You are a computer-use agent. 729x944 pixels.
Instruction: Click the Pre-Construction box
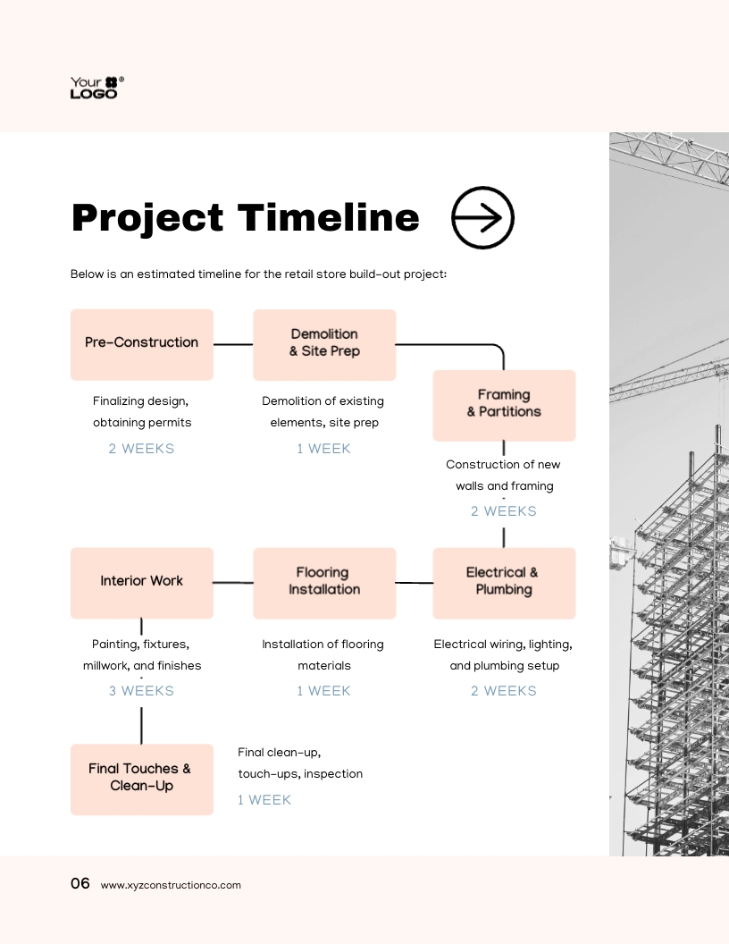tap(142, 344)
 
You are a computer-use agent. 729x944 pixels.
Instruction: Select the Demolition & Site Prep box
tap(324, 344)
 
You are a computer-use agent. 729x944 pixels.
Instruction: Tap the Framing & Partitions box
tap(504, 404)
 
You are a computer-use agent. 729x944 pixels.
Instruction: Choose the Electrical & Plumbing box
tap(504, 583)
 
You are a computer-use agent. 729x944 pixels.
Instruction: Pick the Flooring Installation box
tap(324, 583)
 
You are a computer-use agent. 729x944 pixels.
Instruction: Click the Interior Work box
tap(142, 583)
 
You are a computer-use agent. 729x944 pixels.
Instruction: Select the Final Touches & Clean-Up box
tap(142, 779)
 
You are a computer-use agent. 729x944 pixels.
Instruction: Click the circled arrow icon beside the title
tap(482, 217)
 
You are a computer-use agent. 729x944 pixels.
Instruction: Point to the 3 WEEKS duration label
tap(141, 691)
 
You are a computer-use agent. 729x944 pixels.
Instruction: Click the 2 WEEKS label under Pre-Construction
tap(141, 449)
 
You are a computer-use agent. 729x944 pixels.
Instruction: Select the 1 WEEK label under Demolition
tap(323, 449)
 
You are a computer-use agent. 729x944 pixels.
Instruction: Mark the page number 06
tap(80, 884)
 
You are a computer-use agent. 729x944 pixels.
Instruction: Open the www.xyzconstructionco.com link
tap(171, 885)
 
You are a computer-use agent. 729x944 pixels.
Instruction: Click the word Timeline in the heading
tap(328, 218)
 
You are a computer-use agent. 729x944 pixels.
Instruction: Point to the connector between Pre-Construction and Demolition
tap(233, 344)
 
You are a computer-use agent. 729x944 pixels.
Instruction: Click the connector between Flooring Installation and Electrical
tap(414, 583)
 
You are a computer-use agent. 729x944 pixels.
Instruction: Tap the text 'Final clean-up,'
tap(279, 753)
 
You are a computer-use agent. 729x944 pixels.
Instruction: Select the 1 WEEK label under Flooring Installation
tap(323, 691)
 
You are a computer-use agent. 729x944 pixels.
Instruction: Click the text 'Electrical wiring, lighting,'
tap(503, 645)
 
